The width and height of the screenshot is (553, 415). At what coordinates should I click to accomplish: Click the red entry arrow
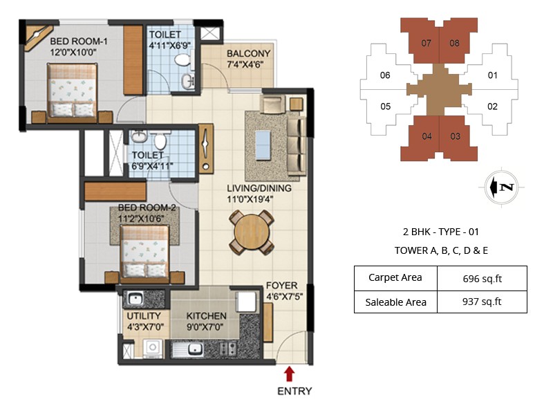click(290, 374)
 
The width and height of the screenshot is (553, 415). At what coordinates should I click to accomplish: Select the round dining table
click(252, 233)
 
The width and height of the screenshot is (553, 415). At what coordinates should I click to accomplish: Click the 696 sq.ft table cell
click(482, 279)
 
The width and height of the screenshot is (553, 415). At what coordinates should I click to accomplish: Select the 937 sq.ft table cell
click(482, 302)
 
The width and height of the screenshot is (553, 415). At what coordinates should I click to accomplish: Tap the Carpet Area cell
click(395, 279)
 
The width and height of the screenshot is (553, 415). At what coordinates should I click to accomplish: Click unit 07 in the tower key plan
click(426, 43)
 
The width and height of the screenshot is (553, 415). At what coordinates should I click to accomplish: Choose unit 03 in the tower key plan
click(455, 136)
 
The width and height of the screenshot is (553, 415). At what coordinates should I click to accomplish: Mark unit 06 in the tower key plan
click(385, 75)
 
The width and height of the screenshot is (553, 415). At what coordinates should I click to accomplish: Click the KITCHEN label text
click(207, 316)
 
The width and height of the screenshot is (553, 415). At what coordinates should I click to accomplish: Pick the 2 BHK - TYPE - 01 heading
click(441, 232)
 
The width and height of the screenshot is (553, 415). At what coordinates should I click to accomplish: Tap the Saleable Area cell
click(395, 302)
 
